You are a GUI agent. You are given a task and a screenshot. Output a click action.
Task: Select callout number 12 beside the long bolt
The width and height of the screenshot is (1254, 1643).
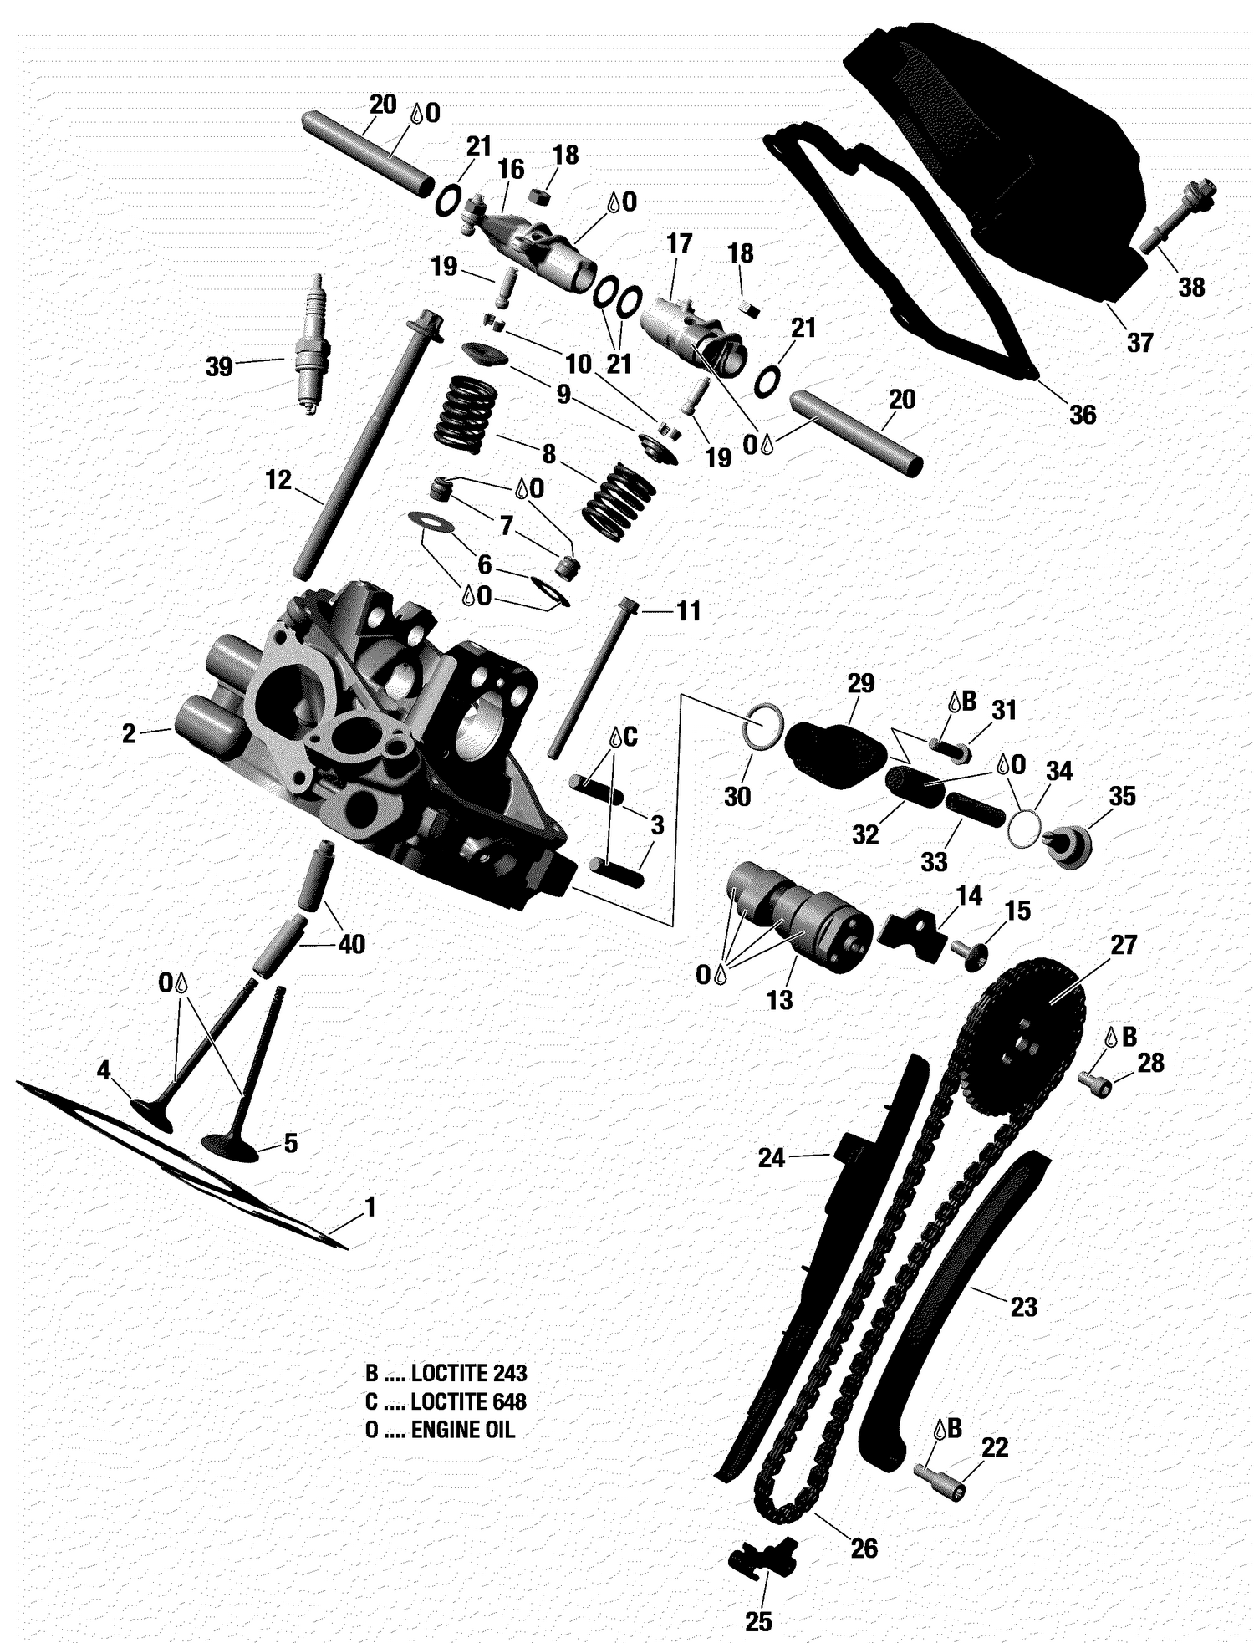pos(278,480)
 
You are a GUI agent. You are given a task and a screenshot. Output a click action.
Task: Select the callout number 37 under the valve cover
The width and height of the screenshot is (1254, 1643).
pos(1139,342)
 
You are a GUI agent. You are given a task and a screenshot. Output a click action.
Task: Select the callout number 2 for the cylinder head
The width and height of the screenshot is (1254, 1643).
pos(128,733)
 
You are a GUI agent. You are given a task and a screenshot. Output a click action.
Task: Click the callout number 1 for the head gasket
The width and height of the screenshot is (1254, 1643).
pos(370,1207)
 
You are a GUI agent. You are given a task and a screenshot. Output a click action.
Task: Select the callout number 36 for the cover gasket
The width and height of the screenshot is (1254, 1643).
pos(1083,415)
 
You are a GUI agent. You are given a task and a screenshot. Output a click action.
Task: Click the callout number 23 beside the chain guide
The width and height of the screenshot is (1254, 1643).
pos(1023,1306)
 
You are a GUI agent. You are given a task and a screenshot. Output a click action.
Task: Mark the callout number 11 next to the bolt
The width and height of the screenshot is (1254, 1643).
pos(688,611)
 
